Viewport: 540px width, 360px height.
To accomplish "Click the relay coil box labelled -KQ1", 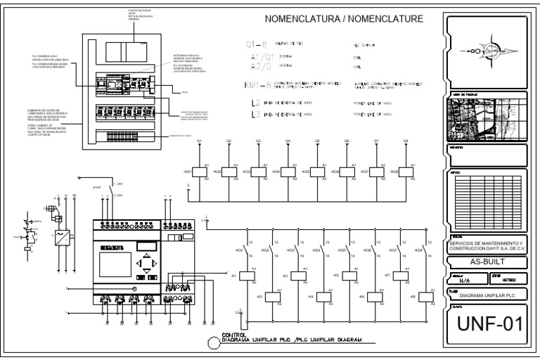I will tap(199, 172).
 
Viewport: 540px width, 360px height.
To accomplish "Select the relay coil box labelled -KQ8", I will tap(406, 172).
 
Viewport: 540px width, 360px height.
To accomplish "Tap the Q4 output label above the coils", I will tap(288, 142).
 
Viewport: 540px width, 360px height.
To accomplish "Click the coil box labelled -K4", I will tap(328, 297).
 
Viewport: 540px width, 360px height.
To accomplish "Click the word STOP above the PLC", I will tap(98, 188).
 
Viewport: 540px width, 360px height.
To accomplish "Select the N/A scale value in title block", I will tap(464, 278).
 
